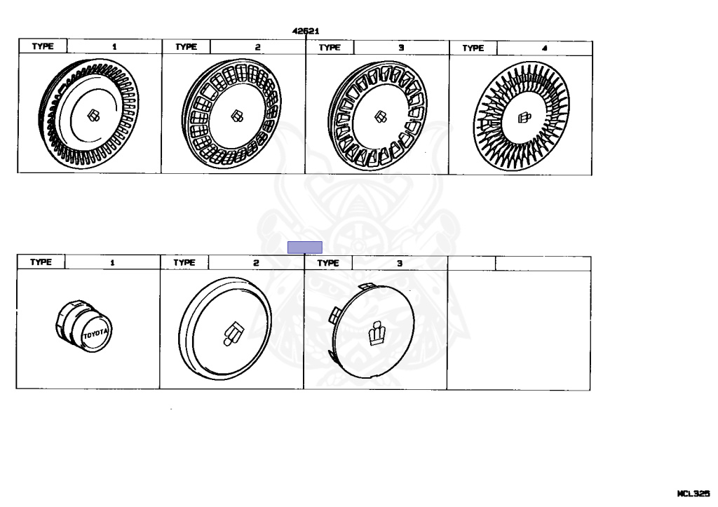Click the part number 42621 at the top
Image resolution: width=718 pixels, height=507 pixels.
click(306, 31)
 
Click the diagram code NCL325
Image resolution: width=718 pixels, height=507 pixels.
click(693, 494)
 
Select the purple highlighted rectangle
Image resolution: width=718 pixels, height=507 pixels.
click(305, 247)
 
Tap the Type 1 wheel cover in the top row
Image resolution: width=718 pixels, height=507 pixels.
click(89, 115)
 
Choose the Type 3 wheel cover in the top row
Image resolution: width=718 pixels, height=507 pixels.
click(377, 116)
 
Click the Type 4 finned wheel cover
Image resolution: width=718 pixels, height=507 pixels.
click(522, 118)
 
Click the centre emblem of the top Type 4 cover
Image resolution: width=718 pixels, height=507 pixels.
click(524, 119)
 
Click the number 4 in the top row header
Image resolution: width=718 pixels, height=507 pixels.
click(544, 48)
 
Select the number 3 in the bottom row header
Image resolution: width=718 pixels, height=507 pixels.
click(400, 263)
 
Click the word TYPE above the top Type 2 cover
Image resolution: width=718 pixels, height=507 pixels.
click(186, 47)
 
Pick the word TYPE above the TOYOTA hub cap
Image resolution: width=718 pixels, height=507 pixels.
click(41, 262)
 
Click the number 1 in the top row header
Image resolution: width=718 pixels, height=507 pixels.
click(115, 47)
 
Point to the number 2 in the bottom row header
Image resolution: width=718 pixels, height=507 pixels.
click(256, 263)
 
